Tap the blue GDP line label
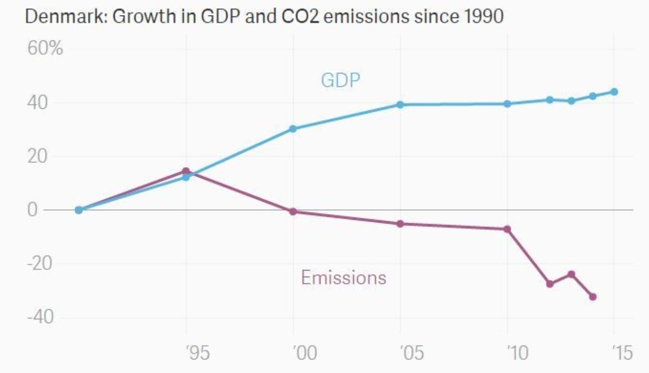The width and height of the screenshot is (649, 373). [x=340, y=80]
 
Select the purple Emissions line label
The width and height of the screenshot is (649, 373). [x=343, y=278]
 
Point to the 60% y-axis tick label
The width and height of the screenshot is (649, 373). [x=45, y=49]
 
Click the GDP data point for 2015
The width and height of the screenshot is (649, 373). [x=614, y=92]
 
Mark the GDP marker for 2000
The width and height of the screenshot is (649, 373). [x=293, y=129]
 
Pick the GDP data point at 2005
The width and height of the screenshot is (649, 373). [x=400, y=105]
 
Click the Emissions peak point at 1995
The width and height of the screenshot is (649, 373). [x=186, y=171]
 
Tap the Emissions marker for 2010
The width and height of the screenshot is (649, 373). [x=507, y=229]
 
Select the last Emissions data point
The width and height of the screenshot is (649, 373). [x=593, y=297]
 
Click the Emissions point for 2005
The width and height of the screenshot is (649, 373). [x=400, y=224]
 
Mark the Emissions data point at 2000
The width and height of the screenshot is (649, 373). [x=293, y=212]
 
